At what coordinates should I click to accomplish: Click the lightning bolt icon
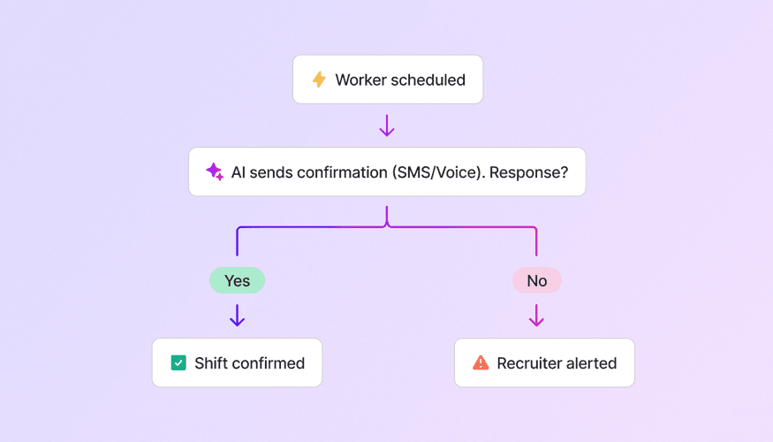coord(319,80)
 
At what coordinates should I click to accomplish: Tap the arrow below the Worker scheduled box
coord(387,126)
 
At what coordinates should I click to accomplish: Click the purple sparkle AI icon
coord(215,171)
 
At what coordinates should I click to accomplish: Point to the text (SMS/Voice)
coord(436,171)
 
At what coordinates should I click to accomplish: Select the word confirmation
coord(336,171)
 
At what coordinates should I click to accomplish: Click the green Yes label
coord(237,281)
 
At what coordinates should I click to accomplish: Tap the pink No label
coord(536,281)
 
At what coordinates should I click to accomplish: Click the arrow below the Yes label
coord(237,316)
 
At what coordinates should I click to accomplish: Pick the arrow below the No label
coord(536,316)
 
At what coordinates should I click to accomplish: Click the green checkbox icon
coord(178,362)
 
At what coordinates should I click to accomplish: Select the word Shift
coord(211,362)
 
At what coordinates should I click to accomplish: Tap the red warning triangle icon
coord(481,362)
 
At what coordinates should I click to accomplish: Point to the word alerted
coord(593,362)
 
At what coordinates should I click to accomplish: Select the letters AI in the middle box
coord(238,171)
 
